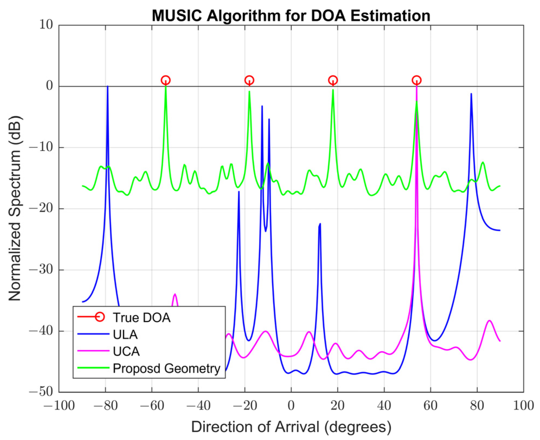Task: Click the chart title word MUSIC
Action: click(177, 15)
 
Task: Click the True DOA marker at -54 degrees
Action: click(165, 80)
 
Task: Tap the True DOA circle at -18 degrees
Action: click(249, 80)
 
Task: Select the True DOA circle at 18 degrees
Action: click(333, 80)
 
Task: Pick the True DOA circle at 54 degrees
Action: click(416, 80)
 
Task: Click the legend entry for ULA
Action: click(125, 334)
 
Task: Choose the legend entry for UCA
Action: click(126, 351)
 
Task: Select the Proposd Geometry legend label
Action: click(166, 368)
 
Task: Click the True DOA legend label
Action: click(142, 318)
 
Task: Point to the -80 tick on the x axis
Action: click(106, 406)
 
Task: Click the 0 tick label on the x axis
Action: click(291, 406)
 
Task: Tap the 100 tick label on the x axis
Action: click(523, 406)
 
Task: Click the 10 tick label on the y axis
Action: click(46, 25)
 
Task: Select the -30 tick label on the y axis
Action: click(41, 270)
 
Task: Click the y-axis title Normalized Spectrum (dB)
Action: click(15, 208)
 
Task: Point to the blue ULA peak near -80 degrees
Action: click(108, 87)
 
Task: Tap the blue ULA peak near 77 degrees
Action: click(471, 94)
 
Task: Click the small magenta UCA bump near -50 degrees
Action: click(175, 295)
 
